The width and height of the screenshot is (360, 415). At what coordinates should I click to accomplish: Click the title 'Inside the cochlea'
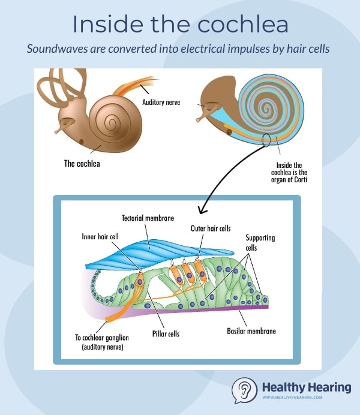[x=180, y=24]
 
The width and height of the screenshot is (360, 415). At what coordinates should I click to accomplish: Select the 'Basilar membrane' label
[x=250, y=330]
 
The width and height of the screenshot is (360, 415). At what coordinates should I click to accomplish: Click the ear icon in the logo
[x=244, y=390]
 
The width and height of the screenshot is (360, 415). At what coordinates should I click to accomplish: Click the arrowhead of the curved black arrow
[x=201, y=212]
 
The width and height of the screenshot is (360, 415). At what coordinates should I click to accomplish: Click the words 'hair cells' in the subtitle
[x=312, y=48]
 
